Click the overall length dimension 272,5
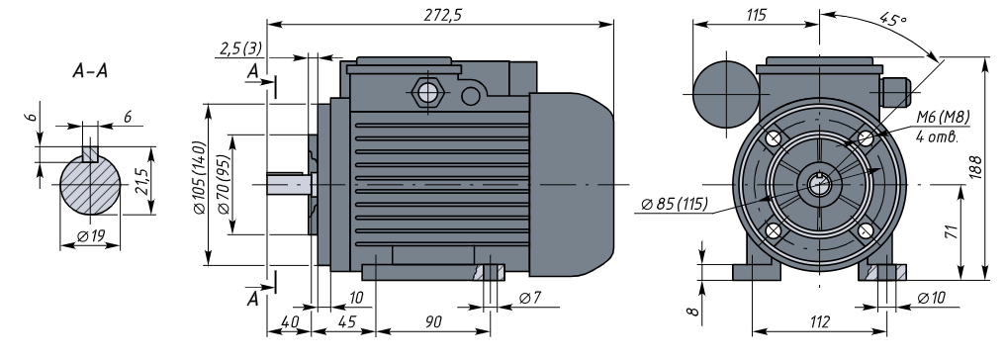[x=442, y=16]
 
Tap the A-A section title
[x=90, y=71]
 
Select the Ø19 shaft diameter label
[x=90, y=236]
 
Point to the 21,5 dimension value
[x=142, y=181]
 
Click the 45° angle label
[x=893, y=19]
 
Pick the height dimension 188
[x=975, y=167]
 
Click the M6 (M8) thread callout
[x=942, y=117]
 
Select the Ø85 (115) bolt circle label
[x=675, y=205]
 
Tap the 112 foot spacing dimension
[x=820, y=321]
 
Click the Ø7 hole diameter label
[x=530, y=298]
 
